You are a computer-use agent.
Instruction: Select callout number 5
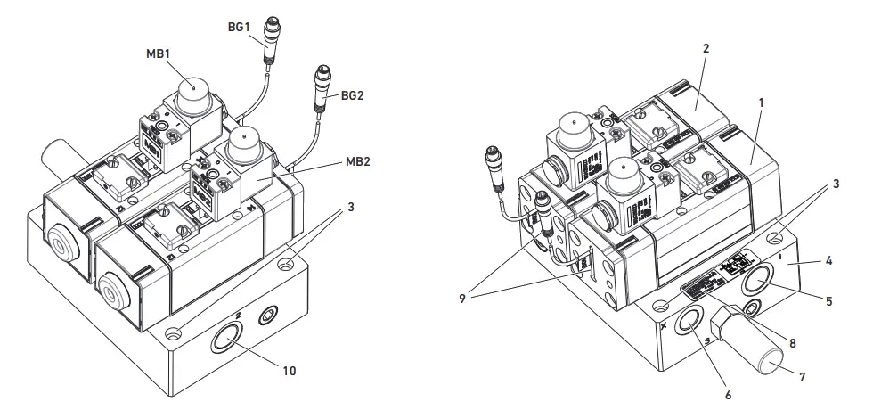click(828, 301)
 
